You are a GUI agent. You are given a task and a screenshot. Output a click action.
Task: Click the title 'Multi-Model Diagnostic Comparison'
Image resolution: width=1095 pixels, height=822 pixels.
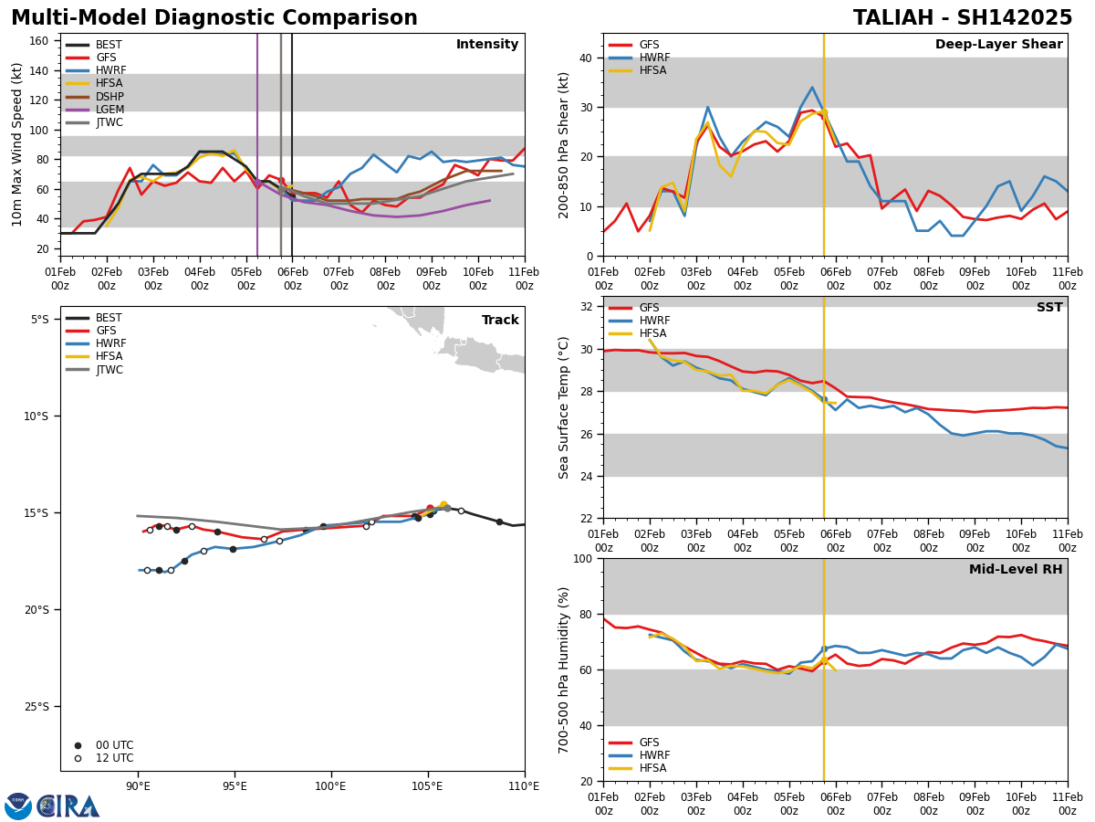[x=214, y=18]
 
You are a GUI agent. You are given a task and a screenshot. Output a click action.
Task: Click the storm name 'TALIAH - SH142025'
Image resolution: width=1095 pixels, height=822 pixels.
[x=963, y=18]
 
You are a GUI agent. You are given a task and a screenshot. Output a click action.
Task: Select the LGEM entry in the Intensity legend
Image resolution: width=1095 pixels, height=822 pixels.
[x=109, y=110]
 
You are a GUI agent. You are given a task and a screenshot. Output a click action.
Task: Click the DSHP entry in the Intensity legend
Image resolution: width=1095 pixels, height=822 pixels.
[x=109, y=97]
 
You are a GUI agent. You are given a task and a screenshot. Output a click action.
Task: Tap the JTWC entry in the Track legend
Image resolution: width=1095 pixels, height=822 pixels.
[x=109, y=370]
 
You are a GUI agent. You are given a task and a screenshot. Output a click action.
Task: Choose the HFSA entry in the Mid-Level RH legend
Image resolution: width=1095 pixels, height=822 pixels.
[x=652, y=768]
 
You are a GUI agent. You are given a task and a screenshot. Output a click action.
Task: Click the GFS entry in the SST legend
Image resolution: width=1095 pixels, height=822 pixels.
[x=649, y=308]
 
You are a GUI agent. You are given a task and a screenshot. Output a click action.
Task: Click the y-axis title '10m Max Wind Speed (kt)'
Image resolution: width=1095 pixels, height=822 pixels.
[x=16, y=144]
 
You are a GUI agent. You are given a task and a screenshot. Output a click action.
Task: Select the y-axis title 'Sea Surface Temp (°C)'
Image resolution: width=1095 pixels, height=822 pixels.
[x=564, y=407]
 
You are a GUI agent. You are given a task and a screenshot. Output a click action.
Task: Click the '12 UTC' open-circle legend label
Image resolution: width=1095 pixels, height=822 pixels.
[x=114, y=758]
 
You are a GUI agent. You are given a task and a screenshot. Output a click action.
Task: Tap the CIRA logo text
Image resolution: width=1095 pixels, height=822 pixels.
[x=68, y=806]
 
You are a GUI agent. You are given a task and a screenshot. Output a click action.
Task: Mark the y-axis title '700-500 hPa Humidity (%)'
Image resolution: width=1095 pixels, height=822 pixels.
[x=564, y=669]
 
